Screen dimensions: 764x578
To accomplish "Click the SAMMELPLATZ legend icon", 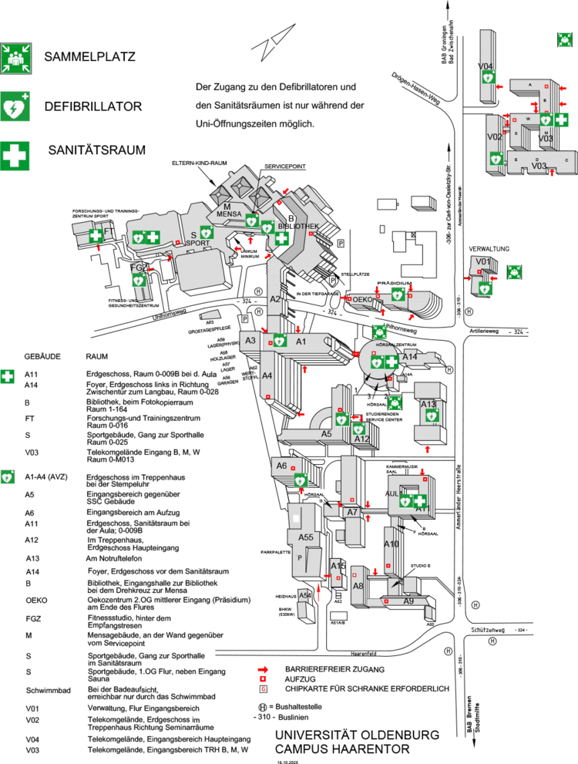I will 17,57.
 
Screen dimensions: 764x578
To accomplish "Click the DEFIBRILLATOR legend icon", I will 17,106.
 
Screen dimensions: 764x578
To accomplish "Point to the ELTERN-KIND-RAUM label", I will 202,163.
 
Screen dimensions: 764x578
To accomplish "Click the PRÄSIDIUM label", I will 395,283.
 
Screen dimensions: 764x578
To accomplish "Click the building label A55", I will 305,537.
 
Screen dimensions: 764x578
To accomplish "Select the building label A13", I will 428,404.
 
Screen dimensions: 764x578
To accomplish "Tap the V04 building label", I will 486,66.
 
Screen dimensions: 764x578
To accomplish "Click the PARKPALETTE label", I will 275,553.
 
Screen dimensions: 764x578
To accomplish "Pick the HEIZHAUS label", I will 286,597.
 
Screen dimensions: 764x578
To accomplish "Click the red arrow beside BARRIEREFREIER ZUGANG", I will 264,668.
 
